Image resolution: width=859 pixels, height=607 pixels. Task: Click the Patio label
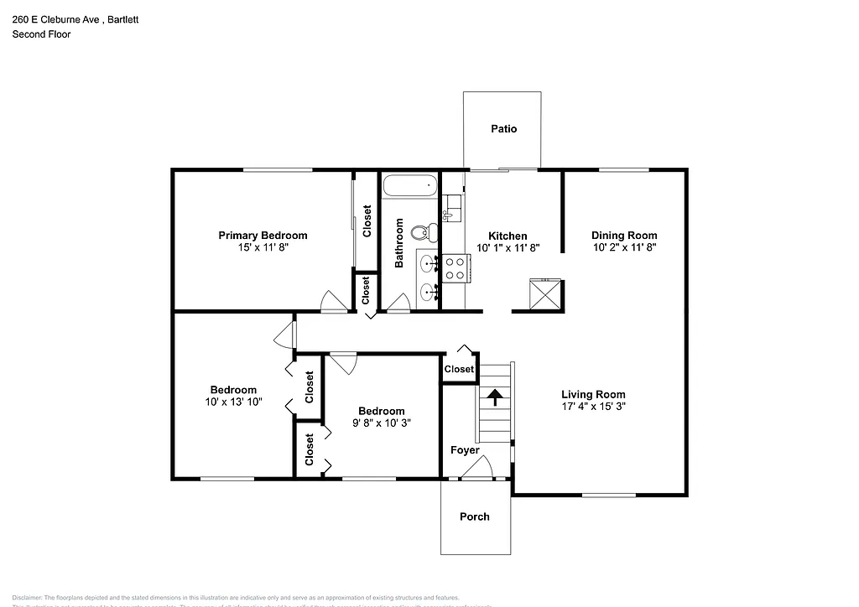(x=503, y=129)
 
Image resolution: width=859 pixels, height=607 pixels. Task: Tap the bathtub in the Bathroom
(x=409, y=187)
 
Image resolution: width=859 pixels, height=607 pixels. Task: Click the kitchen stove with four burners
(x=456, y=268)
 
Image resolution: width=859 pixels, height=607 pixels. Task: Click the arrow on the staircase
(x=495, y=397)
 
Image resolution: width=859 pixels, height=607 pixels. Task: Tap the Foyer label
(x=465, y=450)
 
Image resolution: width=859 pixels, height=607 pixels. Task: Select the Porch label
(x=474, y=516)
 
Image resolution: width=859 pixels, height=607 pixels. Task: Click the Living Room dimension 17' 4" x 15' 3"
(x=593, y=407)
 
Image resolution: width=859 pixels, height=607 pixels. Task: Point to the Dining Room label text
(x=624, y=236)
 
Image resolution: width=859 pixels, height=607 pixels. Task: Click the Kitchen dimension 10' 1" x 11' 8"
(x=508, y=248)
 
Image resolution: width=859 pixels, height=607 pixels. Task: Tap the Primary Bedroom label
(x=263, y=236)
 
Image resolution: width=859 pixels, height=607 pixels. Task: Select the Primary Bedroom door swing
(x=332, y=303)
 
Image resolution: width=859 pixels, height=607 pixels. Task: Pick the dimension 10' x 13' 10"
(x=233, y=402)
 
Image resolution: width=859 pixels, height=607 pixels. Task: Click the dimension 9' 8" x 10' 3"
(x=381, y=423)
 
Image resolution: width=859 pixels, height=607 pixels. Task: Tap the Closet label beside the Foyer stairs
(x=459, y=370)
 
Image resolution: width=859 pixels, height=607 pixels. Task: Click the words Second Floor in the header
(x=41, y=34)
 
